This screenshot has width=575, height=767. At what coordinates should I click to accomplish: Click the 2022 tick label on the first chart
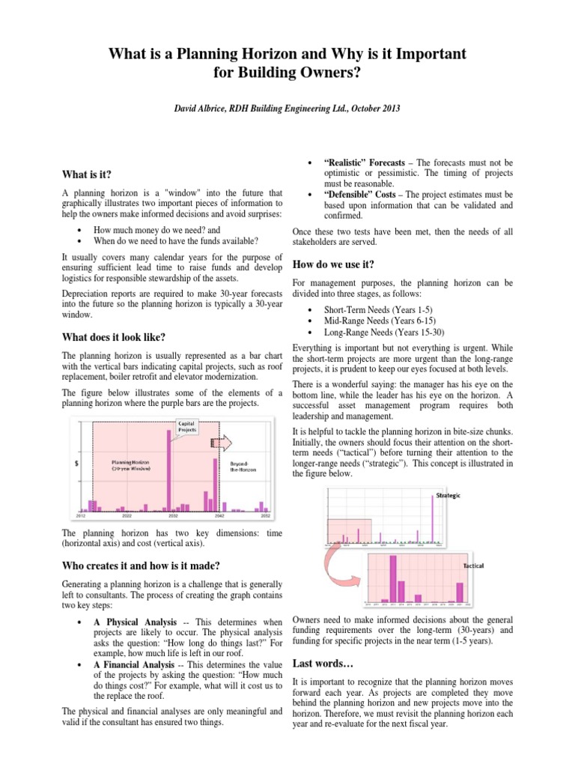point(127,516)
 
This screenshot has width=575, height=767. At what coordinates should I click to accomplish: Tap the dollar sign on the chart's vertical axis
point(79,464)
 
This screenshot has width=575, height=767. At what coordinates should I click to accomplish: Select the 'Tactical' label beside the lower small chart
point(472,566)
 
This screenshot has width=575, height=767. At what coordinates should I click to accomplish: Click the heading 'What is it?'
point(86,174)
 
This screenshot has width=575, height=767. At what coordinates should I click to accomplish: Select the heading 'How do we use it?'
point(333,264)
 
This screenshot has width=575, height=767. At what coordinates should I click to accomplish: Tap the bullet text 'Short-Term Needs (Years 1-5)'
point(377,309)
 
